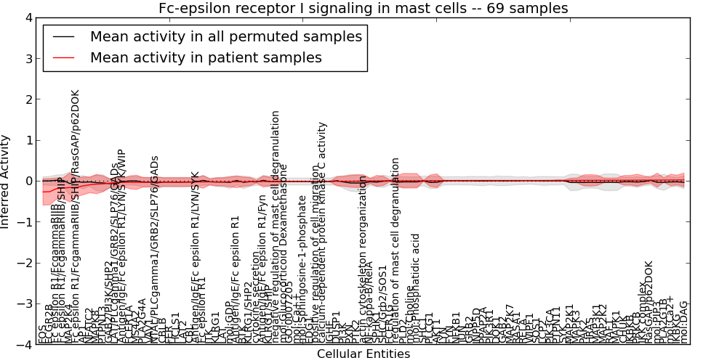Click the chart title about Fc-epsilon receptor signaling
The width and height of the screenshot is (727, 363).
pyautogui.click(x=363, y=8)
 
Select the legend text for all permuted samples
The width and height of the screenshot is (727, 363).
pyautogui.click(x=225, y=36)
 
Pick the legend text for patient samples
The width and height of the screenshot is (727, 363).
pyautogui.click(x=206, y=57)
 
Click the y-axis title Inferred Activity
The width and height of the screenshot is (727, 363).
pyautogui.click(x=7, y=181)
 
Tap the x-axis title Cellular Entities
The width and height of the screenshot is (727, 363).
pyautogui.click(x=363, y=354)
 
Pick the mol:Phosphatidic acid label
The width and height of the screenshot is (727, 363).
pyautogui.click(x=415, y=287)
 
